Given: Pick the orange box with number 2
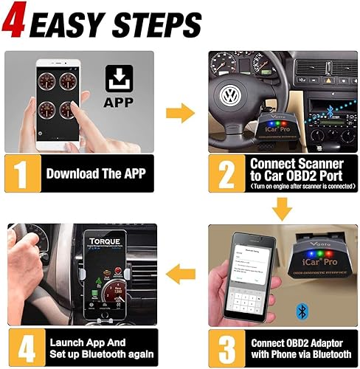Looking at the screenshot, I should coord(224,174).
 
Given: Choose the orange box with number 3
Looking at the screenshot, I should coord(224,346).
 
